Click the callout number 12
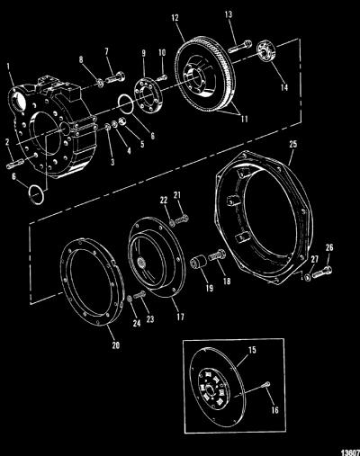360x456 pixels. coord(175,18)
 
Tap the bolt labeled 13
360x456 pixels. coord(239,47)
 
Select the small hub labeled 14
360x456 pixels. coord(265,51)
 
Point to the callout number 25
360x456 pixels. coord(293,144)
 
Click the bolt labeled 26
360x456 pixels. coord(322,272)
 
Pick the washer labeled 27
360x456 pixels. coord(307,277)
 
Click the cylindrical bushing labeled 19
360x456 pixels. coord(199,262)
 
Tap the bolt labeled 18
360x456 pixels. coord(217,255)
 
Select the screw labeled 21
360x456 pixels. coord(182,219)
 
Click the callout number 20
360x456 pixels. coord(116,345)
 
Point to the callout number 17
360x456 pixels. coord(180,317)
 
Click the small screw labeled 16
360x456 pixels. coord(266,384)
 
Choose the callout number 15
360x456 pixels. coord(252,350)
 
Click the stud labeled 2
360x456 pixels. coord(15,164)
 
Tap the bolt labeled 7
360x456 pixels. coord(115,77)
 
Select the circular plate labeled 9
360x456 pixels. coord(148,95)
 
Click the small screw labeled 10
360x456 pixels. coord(162,78)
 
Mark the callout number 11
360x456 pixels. coord(245,119)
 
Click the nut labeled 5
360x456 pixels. coord(122,121)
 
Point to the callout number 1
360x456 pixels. coord(8,67)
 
